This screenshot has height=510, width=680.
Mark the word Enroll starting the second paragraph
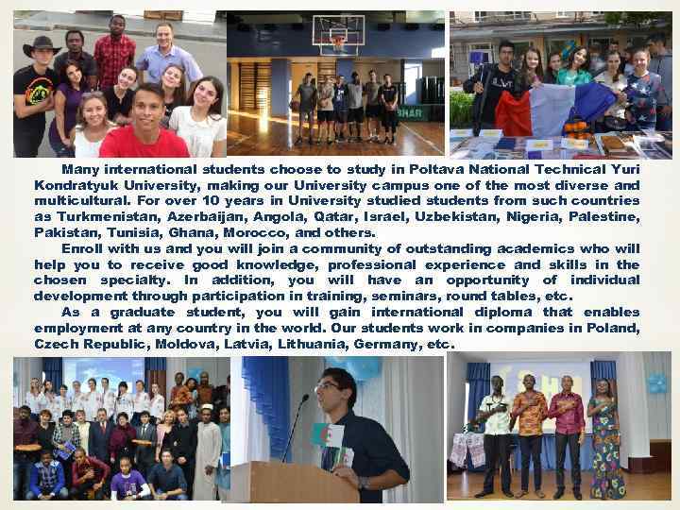pyautogui.click(x=83, y=248)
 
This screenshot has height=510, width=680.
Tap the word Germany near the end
pyautogui.click(x=385, y=344)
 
